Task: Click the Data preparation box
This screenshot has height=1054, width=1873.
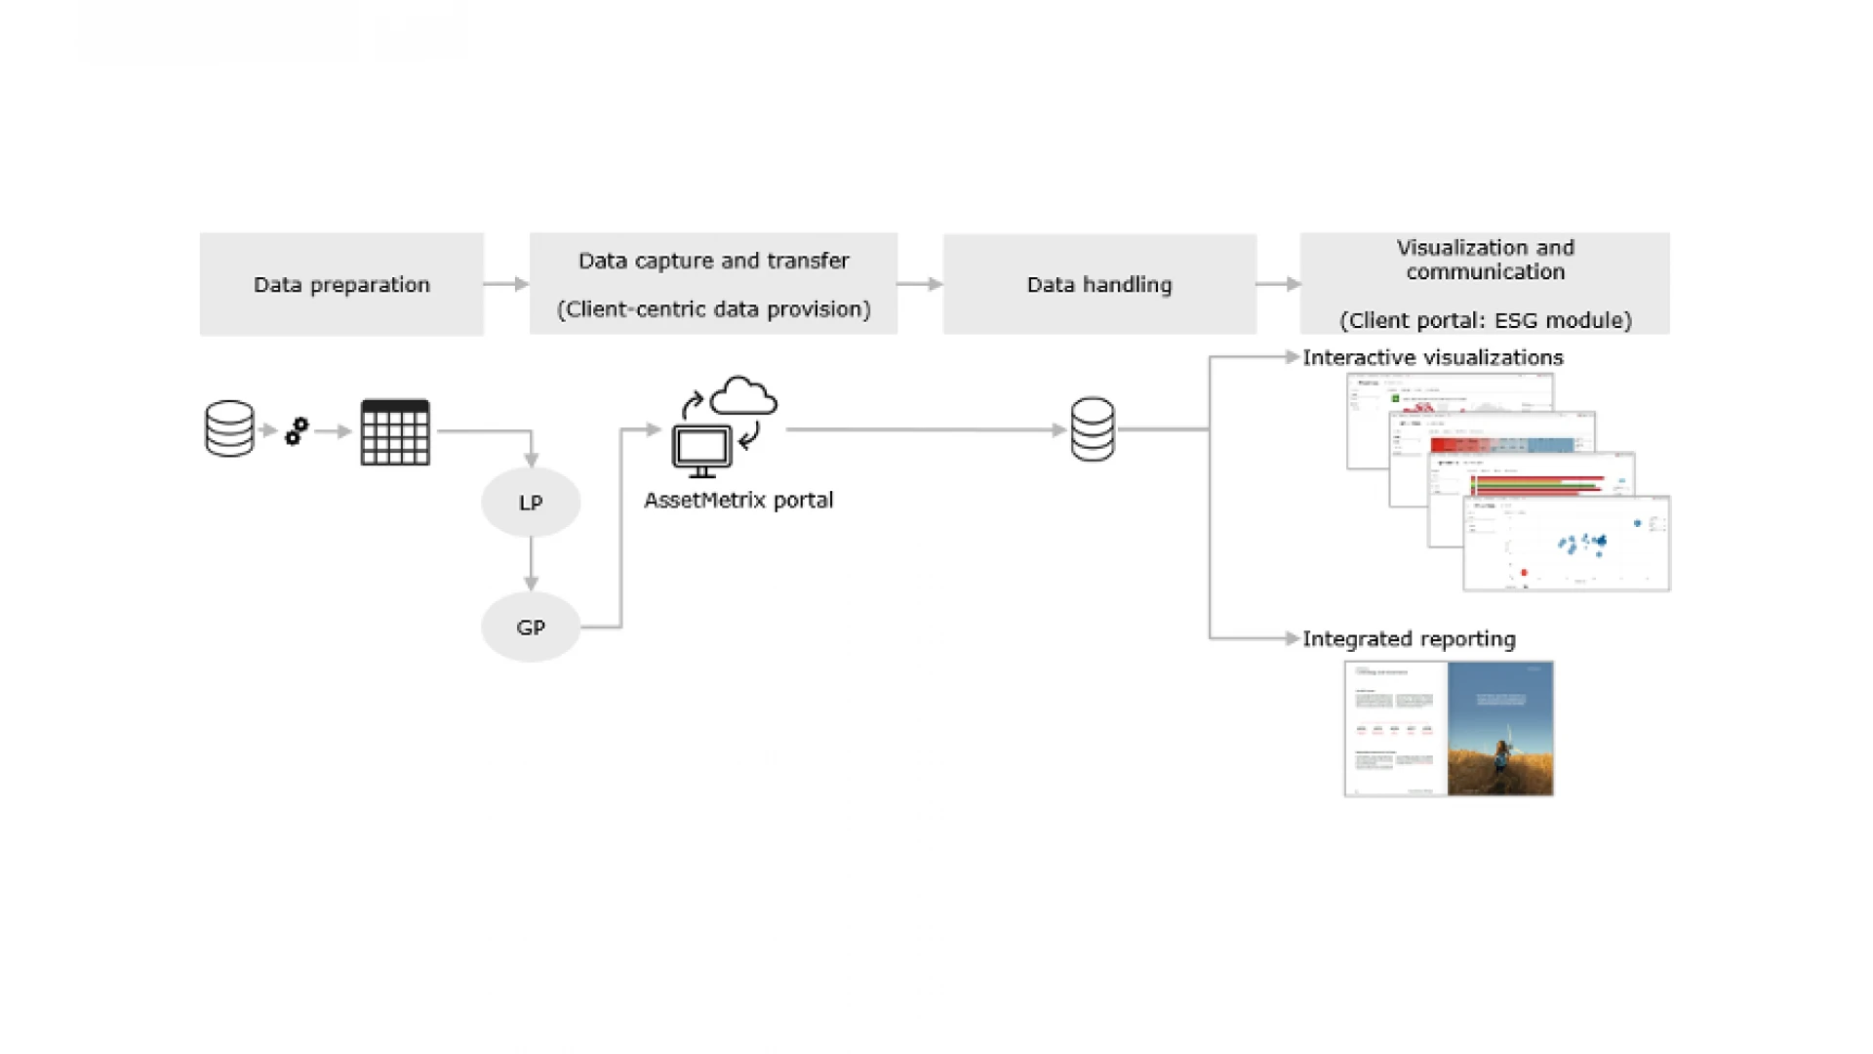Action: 341,284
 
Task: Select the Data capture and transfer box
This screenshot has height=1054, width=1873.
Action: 713,284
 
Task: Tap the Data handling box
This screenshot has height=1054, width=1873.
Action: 1099,284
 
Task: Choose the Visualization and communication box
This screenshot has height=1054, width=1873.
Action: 1485,284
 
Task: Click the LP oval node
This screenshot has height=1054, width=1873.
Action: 531,503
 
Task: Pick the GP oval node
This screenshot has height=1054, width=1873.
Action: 531,628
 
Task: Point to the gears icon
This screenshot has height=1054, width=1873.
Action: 297,431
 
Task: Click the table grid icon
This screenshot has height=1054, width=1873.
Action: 395,432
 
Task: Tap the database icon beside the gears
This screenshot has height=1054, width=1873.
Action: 229,428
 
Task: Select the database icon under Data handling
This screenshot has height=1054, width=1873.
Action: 1093,428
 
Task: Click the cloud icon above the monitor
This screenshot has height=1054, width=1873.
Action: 743,396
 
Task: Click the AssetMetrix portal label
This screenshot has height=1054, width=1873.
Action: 738,501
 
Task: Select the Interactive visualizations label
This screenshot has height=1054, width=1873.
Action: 1433,358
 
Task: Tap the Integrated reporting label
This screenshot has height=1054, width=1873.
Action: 1410,639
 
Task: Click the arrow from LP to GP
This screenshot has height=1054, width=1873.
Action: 531,564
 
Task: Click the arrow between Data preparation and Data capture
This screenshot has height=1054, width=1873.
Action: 506,284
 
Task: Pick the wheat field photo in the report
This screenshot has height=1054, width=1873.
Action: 1500,729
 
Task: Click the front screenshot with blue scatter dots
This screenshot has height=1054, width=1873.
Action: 1567,544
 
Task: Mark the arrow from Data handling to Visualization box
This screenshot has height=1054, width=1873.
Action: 1278,284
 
